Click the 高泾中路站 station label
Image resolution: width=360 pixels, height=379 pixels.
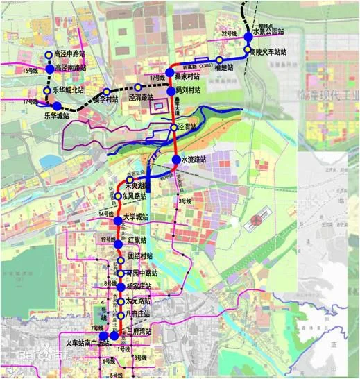69,53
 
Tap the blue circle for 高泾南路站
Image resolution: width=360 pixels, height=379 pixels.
50,67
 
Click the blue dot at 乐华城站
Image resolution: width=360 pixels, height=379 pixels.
58,107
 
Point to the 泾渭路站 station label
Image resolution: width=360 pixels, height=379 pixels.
141,97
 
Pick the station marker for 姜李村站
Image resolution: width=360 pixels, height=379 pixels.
106,91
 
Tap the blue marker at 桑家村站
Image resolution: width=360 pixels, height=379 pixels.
169,71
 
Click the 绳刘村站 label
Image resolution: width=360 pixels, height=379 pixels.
188,90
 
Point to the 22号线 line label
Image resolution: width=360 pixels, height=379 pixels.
229,33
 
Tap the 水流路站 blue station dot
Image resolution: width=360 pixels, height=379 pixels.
175,159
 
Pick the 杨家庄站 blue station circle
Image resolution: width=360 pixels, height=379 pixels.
118,286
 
